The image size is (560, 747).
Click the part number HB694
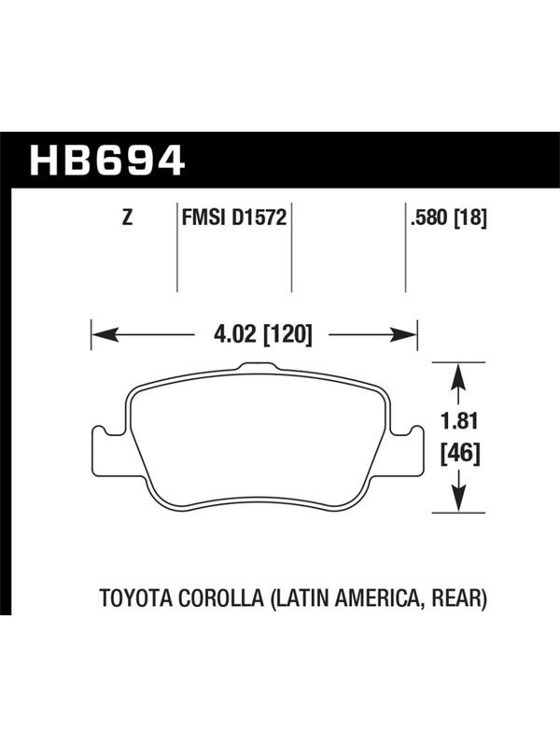(106, 160)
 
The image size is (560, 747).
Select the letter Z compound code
(127, 218)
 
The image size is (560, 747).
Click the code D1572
(259, 218)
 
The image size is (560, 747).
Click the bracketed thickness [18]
(471, 218)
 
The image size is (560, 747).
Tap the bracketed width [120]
(287, 334)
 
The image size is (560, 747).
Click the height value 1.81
(458, 422)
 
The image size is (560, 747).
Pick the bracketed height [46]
(459, 453)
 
